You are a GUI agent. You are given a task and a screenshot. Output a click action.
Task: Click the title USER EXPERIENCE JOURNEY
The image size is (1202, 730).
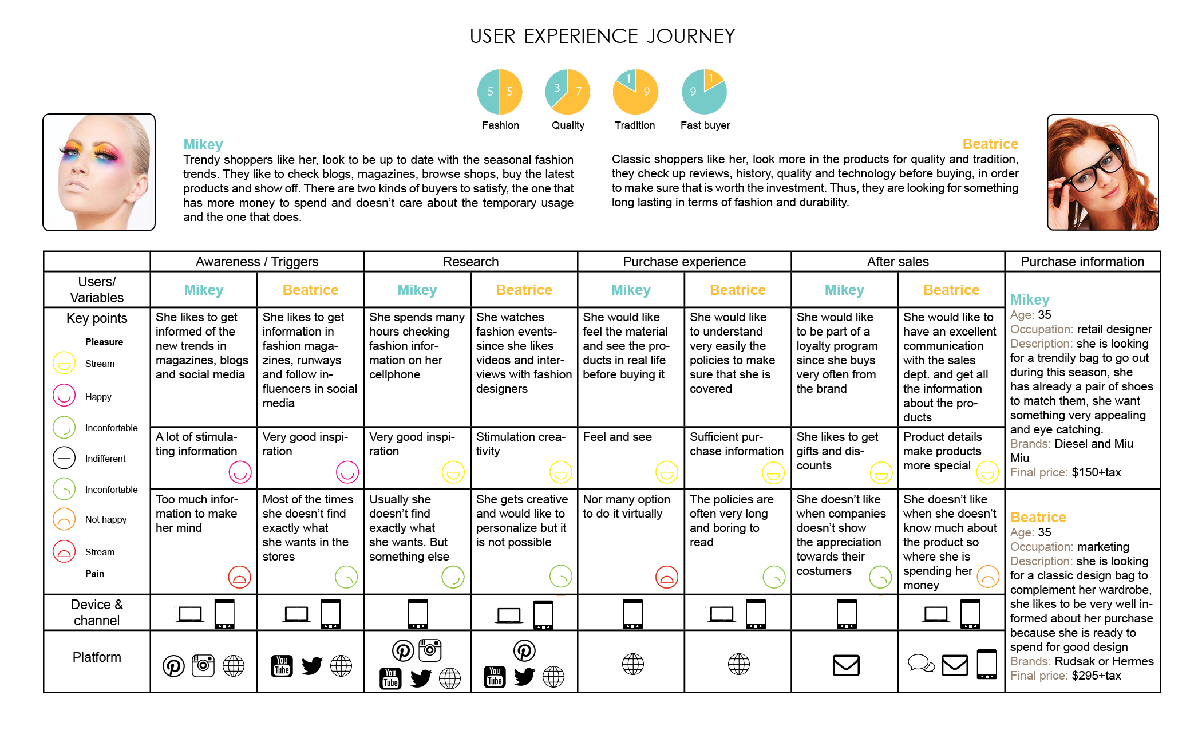(602, 37)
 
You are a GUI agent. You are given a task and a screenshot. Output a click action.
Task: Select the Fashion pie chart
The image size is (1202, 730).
(500, 92)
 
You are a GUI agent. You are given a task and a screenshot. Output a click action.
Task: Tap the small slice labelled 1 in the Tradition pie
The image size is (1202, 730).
(628, 79)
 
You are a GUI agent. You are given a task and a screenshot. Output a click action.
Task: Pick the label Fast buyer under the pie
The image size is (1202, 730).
(705, 125)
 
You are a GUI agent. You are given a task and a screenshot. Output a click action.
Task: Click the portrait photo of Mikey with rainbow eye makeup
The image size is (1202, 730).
(99, 172)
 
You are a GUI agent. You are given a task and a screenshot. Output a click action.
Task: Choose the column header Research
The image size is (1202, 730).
(470, 262)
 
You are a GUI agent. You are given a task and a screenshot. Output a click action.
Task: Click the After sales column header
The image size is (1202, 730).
(897, 262)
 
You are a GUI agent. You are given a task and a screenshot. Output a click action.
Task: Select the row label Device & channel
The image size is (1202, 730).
(96, 612)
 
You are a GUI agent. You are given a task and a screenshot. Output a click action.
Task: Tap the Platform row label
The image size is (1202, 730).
(96, 657)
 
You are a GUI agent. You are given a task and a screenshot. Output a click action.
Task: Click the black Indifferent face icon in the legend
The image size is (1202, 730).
(64, 458)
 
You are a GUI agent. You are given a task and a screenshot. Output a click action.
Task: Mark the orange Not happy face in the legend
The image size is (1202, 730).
(64, 519)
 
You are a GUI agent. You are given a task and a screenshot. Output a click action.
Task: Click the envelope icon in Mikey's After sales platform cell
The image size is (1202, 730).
(845, 665)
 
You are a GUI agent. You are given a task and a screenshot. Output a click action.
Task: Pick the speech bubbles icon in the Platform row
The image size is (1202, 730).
(921, 664)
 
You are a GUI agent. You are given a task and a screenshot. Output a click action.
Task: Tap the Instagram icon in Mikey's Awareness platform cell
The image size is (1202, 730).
(203, 665)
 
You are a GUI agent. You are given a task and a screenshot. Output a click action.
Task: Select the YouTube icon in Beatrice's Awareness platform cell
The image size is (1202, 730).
(282, 665)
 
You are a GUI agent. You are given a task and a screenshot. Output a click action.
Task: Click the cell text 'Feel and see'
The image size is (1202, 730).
(617, 437)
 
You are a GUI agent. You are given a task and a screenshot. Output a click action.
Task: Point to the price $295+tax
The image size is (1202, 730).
(1096, 676)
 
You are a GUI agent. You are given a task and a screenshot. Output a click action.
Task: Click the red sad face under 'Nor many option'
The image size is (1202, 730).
(666, 577)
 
